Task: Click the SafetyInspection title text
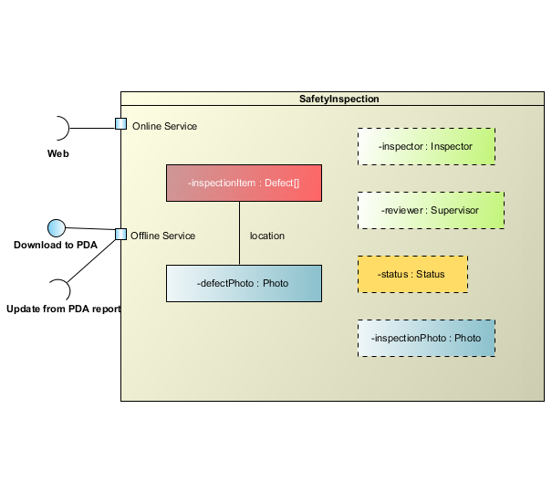(339, 99)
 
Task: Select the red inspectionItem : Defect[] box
(244, 183)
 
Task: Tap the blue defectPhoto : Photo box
(244, 283)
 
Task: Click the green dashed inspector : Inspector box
(426, 146)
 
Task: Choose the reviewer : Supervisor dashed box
(431, 210)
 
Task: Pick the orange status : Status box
(412, 274)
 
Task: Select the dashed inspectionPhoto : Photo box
(426, 338)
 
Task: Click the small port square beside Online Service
(121, 124)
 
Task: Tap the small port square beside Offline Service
(121, 234)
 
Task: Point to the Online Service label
(164, 126)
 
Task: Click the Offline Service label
(162, 236)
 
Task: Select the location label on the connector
(267, 236)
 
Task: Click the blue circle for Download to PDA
(56, 227)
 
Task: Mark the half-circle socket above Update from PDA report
(60, 290)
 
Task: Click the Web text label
(57, 153)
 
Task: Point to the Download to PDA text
(56, 245)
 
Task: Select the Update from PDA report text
(63, 309)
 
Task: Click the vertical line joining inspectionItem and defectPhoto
(239, 233)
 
